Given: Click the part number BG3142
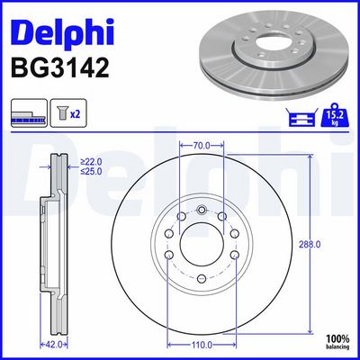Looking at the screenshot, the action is [x=60, y=68].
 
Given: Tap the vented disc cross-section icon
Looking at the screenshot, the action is [x=29, y=112].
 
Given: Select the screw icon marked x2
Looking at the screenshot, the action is [x=68, y=112].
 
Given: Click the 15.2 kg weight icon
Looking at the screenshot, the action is [x=335, y=115].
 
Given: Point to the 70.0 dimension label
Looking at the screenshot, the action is [x=202, y=146].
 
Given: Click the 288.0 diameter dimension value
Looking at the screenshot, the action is [x=310, y=245].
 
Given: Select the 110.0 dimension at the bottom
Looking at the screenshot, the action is [x=202, y=345].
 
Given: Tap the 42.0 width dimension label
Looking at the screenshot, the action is [x=54, y=345].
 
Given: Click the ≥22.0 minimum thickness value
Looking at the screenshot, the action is [x=91, y=162].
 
